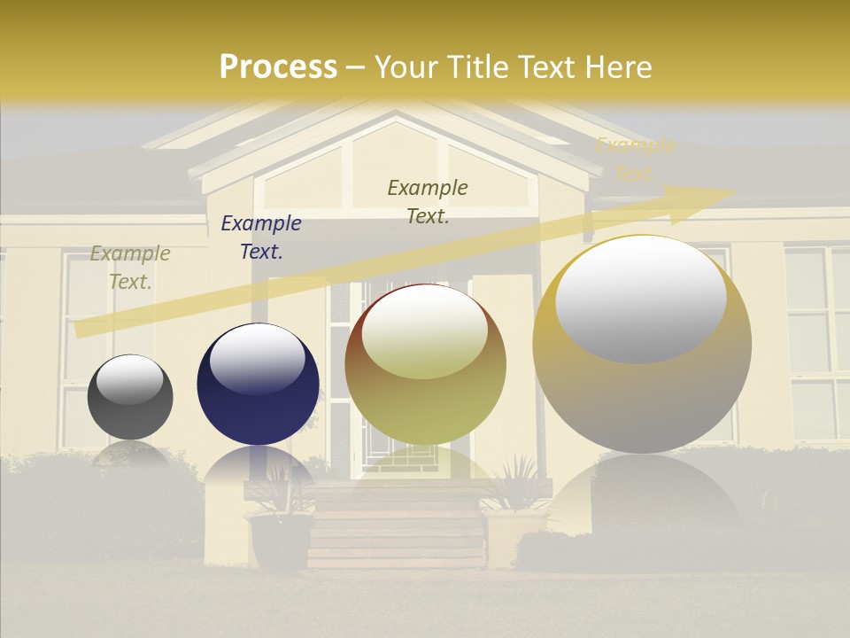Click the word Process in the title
point(278,67)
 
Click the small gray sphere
point(130,397)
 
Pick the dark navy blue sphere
point(258,385)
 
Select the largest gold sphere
point(642,346)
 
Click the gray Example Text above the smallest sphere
point(130,268)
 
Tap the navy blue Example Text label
point(261,237)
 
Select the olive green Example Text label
point(428,202)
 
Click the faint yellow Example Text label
point(635,159)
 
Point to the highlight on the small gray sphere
point(130,378)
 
